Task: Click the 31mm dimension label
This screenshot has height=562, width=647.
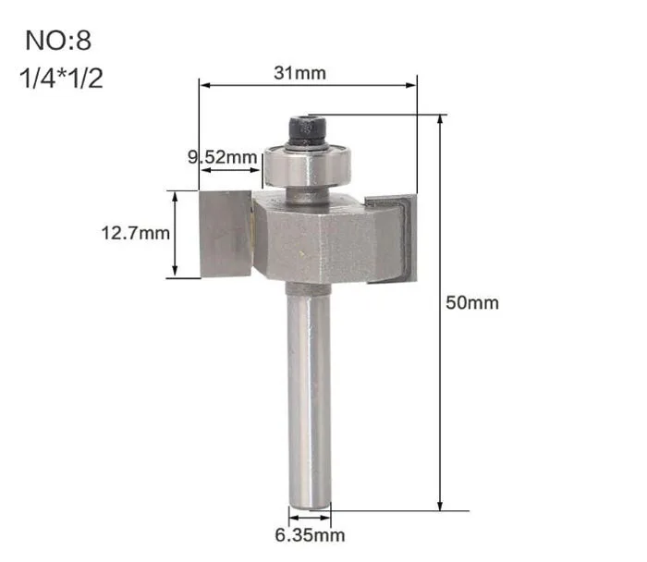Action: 300,73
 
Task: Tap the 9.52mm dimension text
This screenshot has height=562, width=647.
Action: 223,157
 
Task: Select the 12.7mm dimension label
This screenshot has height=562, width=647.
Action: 135,233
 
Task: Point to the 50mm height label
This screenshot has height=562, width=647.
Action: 472,303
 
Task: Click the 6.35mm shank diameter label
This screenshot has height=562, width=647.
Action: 310,535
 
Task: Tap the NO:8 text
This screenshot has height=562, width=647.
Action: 58,41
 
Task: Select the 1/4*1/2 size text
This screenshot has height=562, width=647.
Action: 61,79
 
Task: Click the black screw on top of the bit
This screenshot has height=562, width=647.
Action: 308,131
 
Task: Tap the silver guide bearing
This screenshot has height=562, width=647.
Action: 308,165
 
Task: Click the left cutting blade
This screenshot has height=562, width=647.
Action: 226,234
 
